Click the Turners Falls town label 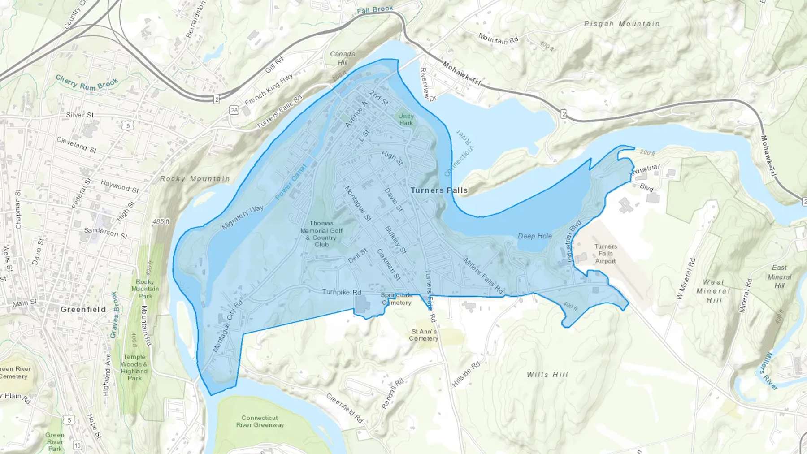[x=439, y=190]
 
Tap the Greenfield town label [x=83, y=309]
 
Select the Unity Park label [x=406, y=119]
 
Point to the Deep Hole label [x=535, y=236]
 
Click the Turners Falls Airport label [x=605, y=254]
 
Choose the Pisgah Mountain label [x=621, y=24]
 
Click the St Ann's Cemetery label [x=424, y=335]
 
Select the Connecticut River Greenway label [x=260, y=421]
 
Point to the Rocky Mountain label [x=195, y=179]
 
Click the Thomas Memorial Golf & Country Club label [x=321, y=233]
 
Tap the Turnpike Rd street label [x=341, y=292]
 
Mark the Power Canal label [x=291, y=182]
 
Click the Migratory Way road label [x=243, y=218]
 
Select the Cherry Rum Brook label [x=87, y=83]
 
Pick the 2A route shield [x=234, y=110]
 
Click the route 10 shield [x=78, y=445]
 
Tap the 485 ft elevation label [x=161, y=221]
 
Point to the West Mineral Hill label [x=713, y=291]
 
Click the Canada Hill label [x=343, y=58]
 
